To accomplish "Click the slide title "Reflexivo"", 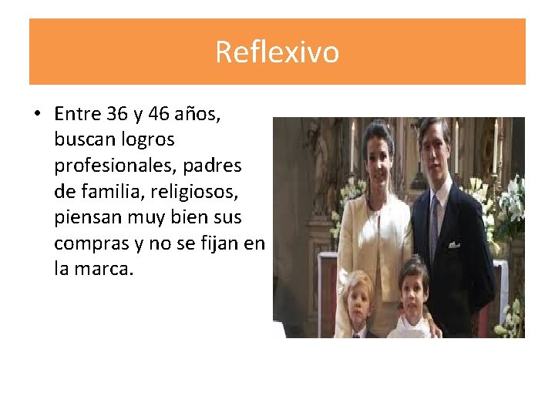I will pyautogui.click(x=277, y=52).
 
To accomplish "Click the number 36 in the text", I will pyautogui.click(x=117, y=114).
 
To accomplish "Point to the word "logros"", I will pyautogui.click(x=149, y=140).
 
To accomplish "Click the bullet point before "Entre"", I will pyautogui.click(x=36, y=115).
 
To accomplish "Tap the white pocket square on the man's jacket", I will pyautogui.click(x=455, y=244).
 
